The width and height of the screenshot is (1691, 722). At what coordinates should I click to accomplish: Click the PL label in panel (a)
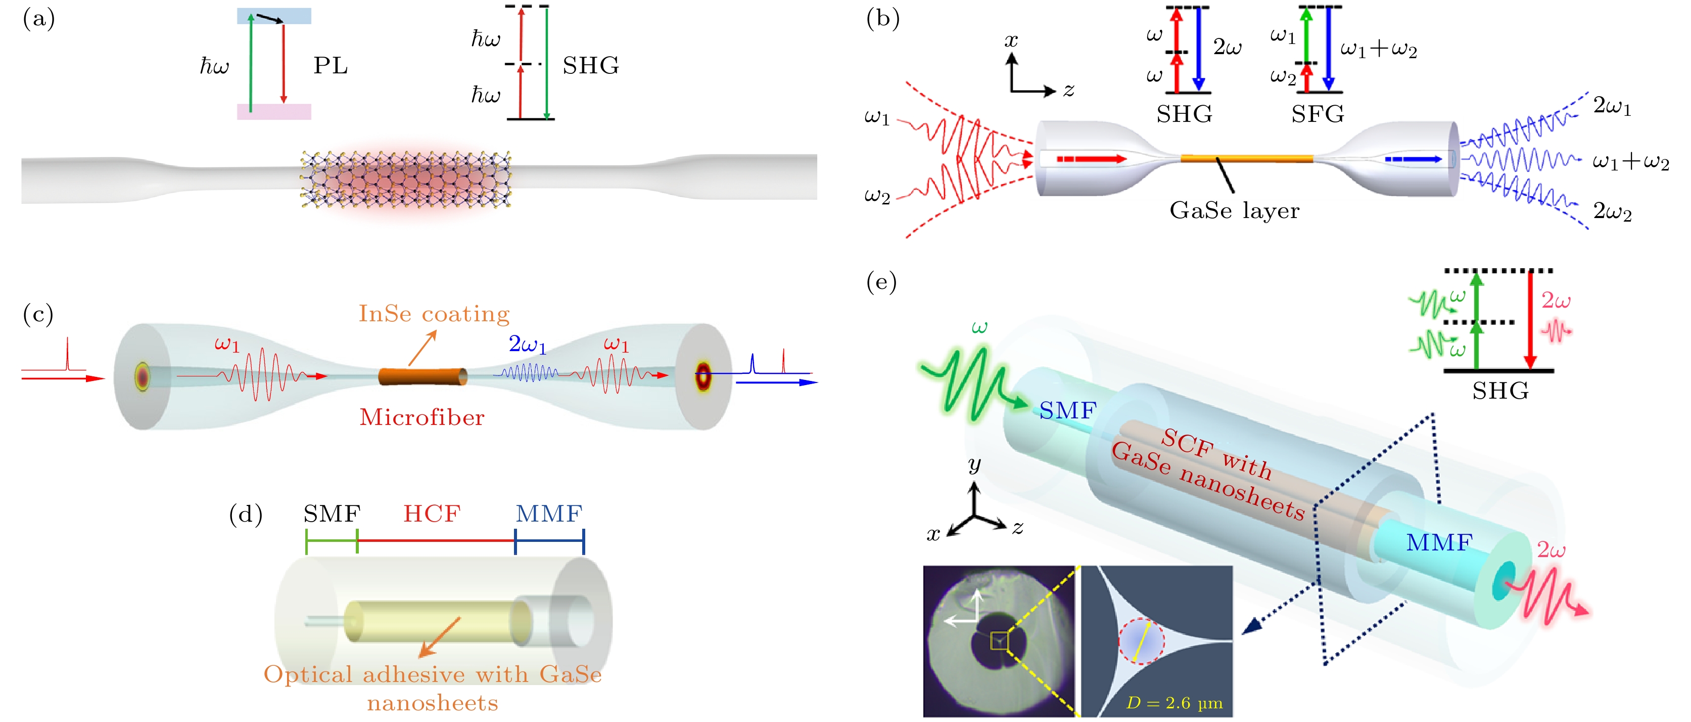[330, 66]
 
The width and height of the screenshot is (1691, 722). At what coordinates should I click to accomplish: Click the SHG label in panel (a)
[590, 66]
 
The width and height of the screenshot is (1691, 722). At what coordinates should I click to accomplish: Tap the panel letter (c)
[38, 314]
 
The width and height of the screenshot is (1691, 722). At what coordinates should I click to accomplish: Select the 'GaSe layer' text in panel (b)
[1234, 211]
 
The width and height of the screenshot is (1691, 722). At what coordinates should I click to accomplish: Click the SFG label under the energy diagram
[1318, 114]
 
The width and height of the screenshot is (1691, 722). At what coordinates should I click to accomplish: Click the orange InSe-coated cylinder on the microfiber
[422, 376]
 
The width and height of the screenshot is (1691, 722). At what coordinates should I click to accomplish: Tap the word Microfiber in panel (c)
[422, 417]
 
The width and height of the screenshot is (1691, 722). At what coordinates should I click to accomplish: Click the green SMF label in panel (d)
[332, 514]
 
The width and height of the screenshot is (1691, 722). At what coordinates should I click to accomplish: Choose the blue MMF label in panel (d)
[549, 514]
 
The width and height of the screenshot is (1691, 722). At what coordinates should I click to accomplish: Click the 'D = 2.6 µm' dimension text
[1175, 703]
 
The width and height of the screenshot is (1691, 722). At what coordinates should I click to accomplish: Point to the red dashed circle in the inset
[1142, 641]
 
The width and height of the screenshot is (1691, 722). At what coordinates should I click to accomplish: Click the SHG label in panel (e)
[1500, 391]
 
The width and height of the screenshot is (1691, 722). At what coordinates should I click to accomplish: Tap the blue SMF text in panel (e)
[1068, 411]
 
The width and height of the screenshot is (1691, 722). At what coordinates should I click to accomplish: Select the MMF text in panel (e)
[1439, 543]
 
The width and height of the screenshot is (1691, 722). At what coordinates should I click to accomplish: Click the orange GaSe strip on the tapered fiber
[1247, 158]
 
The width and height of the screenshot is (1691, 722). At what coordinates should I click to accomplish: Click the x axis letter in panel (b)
[1011, 41]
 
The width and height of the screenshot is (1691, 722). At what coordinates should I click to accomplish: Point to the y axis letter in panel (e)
[974, 464]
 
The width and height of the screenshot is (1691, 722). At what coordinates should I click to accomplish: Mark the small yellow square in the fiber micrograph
[999, 641]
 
